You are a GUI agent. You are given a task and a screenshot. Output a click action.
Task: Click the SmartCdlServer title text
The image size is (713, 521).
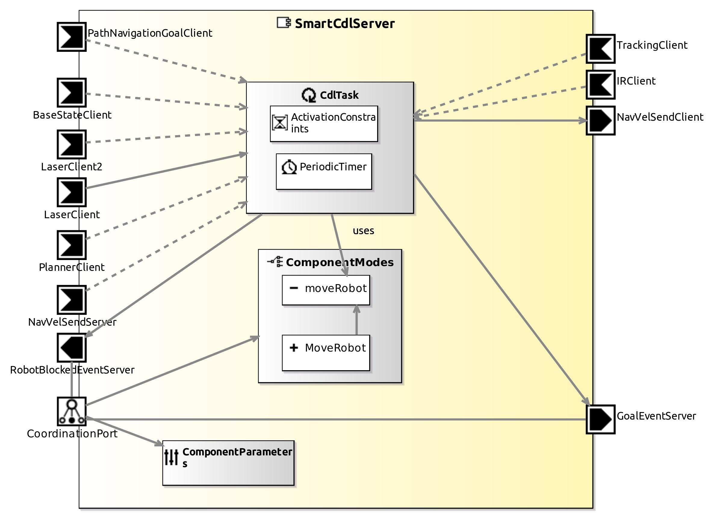(344, 24)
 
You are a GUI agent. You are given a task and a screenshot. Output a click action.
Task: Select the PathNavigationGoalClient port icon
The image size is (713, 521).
(72, 37)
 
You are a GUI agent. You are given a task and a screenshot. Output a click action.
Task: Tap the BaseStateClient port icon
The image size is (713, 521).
(72, 93)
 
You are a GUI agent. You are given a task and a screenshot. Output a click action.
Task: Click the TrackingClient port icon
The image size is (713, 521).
(600, 49)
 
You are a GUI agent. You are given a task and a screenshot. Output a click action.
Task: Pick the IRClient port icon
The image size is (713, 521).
(600, 85)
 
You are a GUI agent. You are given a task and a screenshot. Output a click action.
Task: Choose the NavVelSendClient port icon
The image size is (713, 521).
(600, 120)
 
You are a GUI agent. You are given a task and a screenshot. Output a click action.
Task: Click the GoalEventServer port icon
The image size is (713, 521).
(600, 420)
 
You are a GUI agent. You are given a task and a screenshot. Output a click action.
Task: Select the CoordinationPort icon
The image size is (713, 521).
(72, 411)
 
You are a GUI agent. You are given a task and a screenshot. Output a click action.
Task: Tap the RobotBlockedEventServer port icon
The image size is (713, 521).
(72, 348)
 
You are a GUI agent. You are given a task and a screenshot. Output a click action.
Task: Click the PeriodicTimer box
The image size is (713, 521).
(324, 172)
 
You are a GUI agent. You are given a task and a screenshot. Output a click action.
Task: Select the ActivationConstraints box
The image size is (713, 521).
(324, 124)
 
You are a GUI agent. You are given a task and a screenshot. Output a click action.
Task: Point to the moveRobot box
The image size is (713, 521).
(326, 290)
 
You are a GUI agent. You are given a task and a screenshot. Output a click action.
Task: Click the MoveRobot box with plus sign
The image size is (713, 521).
(326, 352)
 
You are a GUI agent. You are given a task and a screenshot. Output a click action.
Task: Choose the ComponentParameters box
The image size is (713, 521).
(228, 463)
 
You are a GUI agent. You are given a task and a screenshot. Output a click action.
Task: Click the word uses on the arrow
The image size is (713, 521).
(363, 231)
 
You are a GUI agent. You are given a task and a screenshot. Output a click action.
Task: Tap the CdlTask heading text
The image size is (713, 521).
(339, 95)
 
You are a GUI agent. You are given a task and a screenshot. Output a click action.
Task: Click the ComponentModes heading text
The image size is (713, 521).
(339, 262)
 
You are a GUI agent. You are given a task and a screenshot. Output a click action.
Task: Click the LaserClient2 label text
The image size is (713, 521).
(72, 166)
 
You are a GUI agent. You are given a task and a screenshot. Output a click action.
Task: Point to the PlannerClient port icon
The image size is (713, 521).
(72, 245)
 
